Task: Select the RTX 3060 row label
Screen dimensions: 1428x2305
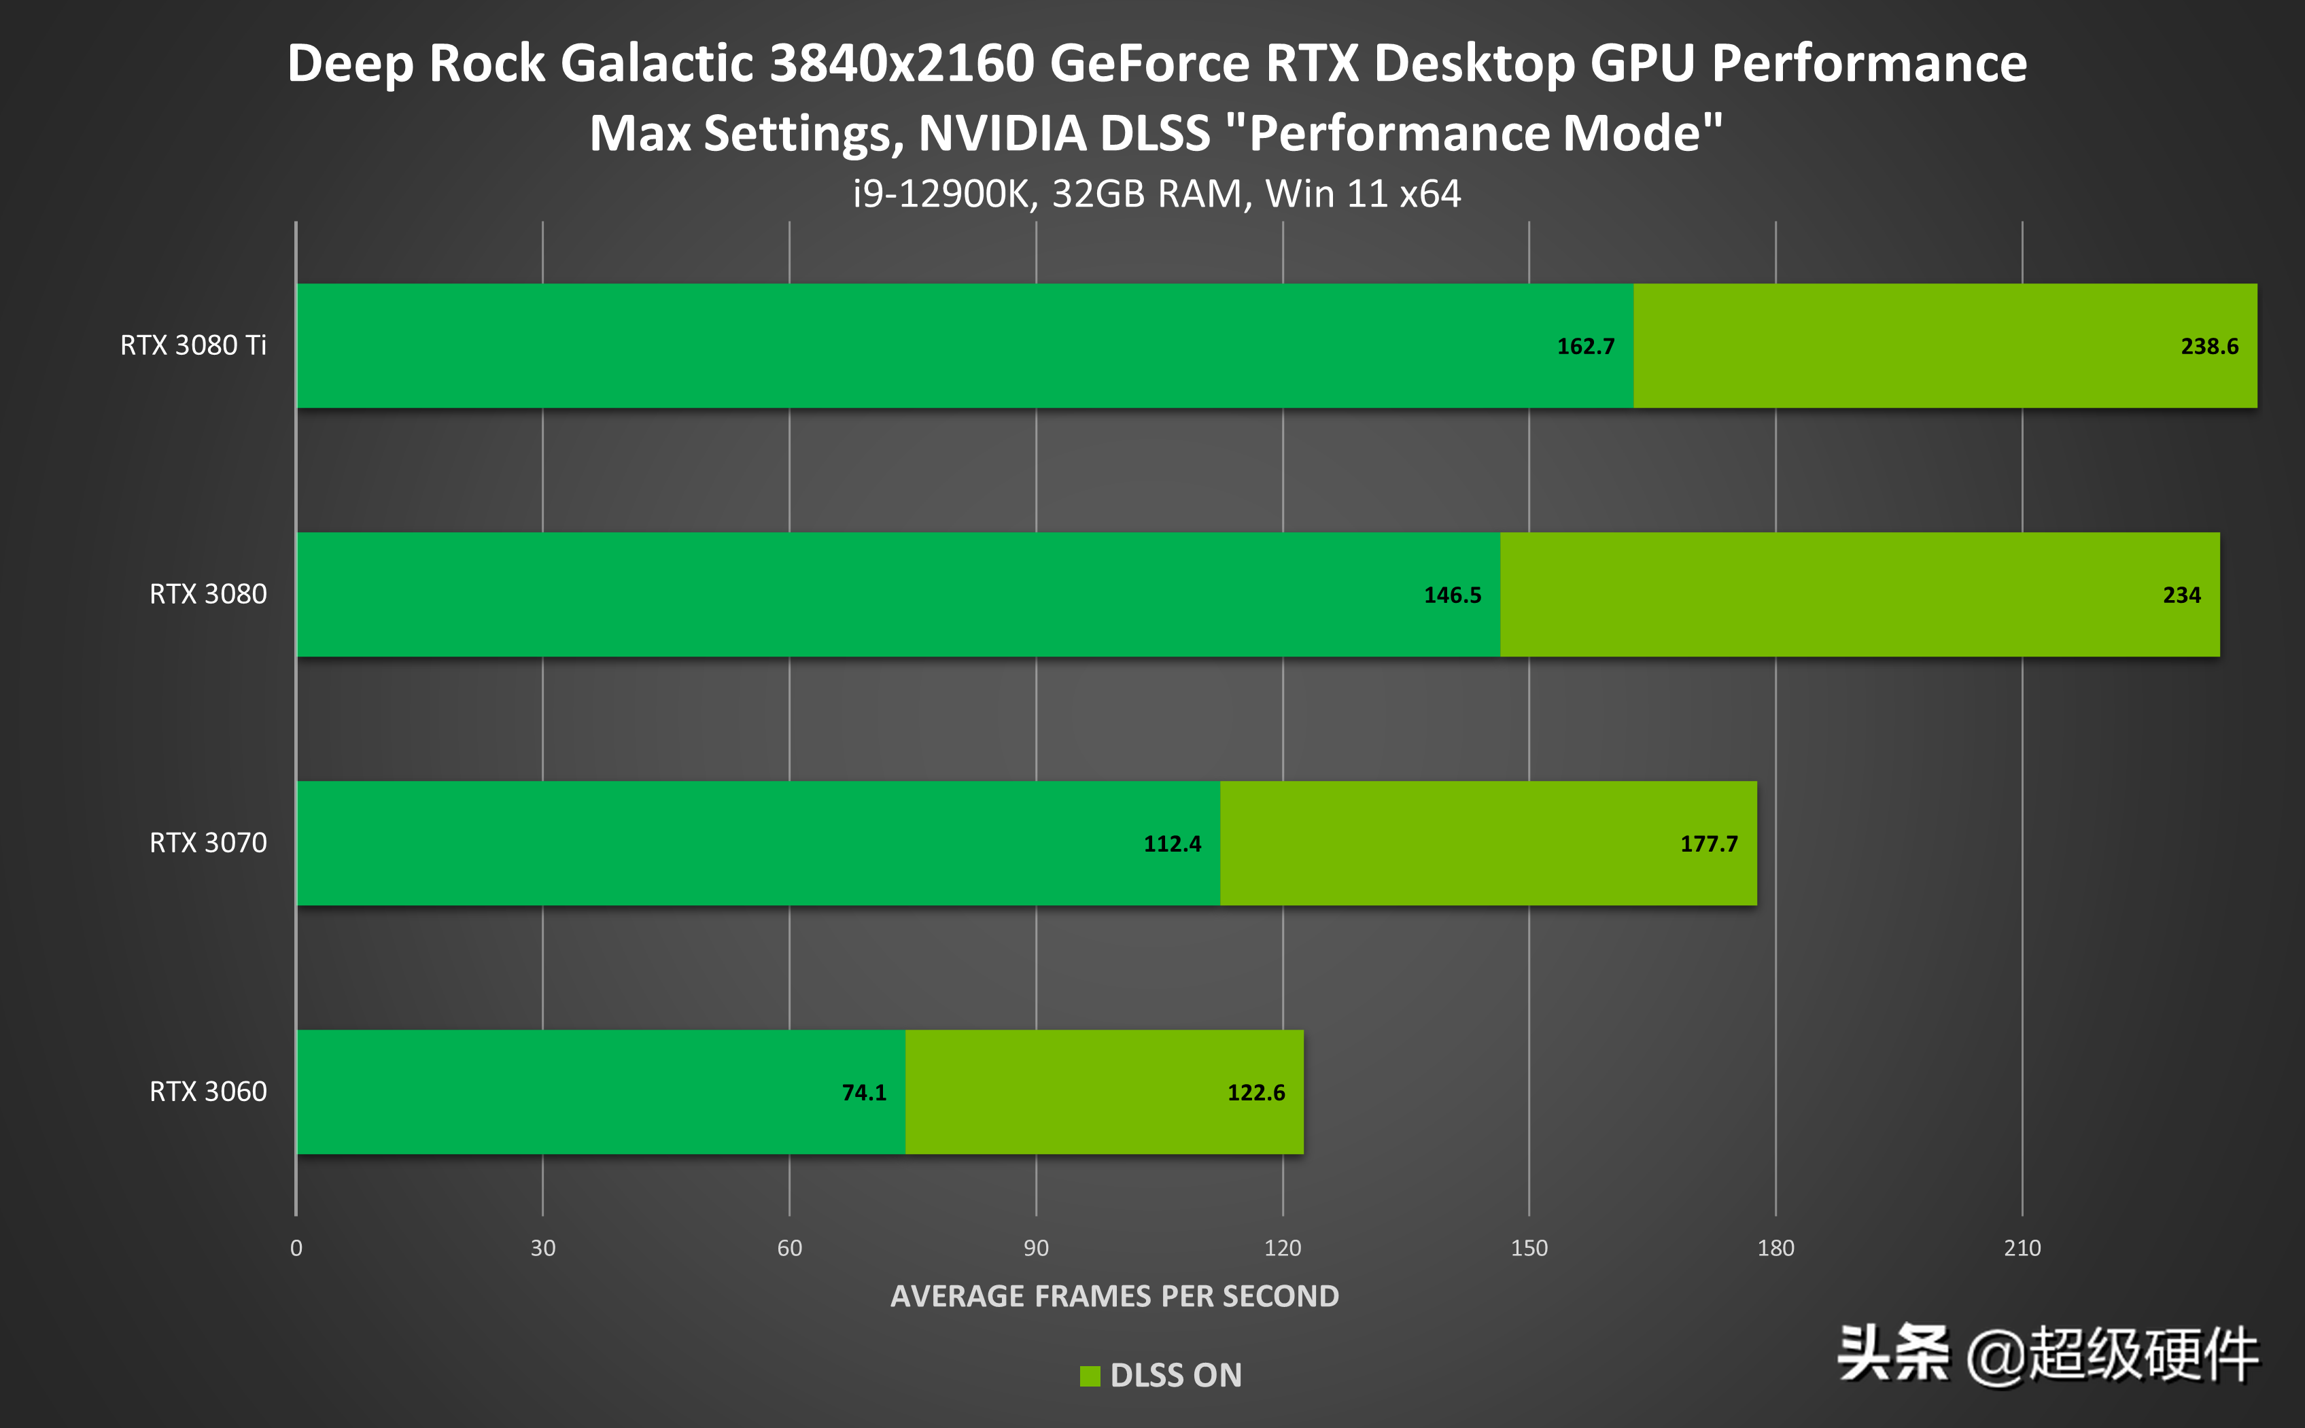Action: pos(208,1092)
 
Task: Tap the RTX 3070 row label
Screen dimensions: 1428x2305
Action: pos(208,842)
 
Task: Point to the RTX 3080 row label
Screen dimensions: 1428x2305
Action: pos(208,594)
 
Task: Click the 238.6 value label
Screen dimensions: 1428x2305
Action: pos(2208,347)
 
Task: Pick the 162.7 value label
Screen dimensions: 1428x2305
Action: pos(1585,347)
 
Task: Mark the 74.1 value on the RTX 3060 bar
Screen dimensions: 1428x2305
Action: pos(864,1093)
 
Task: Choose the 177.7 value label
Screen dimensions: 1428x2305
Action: pos(1708,843)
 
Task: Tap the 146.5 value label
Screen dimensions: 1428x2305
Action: pos(1453,595)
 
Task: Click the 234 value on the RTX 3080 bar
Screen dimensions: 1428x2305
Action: pos(2181,595)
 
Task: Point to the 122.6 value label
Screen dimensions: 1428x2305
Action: pos(1256,1093)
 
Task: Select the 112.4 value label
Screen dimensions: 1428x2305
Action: pos(1172,843)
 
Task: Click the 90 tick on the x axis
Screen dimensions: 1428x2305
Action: pos(1036,1248)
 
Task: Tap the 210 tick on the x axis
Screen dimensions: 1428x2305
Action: pos(2022,1248)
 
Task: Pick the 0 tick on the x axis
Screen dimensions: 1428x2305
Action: pos(296,1248)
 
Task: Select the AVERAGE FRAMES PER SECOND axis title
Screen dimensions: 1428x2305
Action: pos(1114,1295)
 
